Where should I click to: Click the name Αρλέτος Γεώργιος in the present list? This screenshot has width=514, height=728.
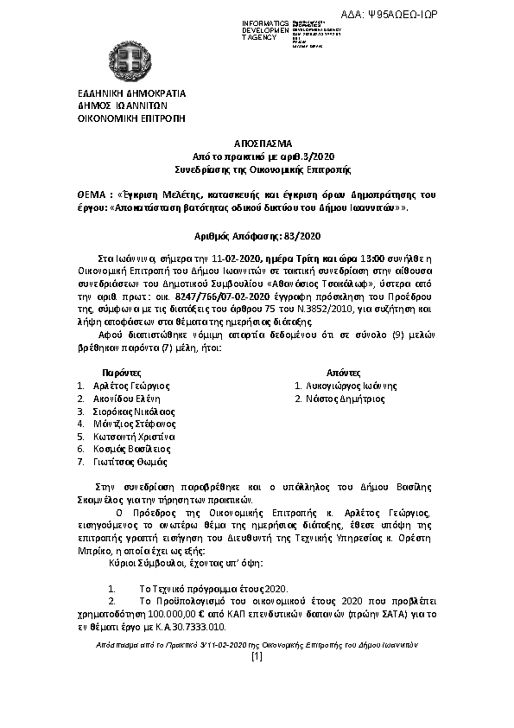click(132, 386)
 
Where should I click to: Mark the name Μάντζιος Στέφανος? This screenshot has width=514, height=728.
click(135, 425)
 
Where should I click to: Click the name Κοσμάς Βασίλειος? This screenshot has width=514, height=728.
click(132, 450)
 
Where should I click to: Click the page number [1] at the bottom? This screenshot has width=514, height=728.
click(256, 657)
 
